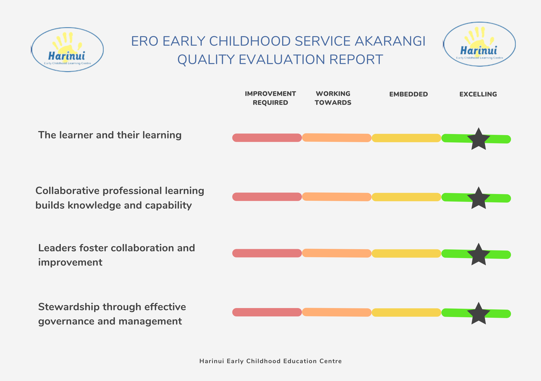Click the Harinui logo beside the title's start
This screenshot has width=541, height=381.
(x=67, y=50)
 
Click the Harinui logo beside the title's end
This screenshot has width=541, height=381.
(x=479, y=44)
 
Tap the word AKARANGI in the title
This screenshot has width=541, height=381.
(x=390, y=41)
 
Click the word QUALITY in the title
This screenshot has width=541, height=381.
(x=206, y=59)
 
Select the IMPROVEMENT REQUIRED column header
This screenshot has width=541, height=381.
(x=270, y=98)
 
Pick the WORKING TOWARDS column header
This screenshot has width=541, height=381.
(x=333, y=98)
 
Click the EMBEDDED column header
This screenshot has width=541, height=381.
(x=408, y=94)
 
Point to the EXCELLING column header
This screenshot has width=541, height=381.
(x=478, y=94)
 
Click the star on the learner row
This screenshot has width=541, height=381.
(x=479, y=139)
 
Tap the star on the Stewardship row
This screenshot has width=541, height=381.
(x=479, y=314)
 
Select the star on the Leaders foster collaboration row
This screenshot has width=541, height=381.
(x=479, y=255)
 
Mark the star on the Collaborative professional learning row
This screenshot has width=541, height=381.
(x=479, y=198)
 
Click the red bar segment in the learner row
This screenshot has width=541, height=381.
(x=267, y=138)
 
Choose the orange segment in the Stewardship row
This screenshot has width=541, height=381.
(x=337, y=312)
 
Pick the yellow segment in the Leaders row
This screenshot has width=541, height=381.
(x=406, y=253)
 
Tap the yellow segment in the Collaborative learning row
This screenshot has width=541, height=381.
(x=406, y=197)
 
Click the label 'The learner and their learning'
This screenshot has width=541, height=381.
(x=110, y=135)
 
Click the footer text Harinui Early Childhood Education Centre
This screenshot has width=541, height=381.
(x=270, y=361)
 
